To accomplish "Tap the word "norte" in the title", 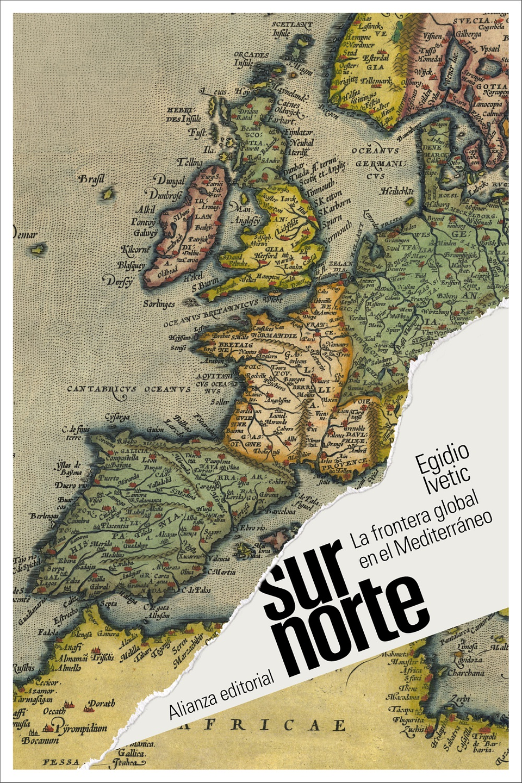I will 356,625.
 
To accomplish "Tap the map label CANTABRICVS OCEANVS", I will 129,389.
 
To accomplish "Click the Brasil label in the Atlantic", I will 91,179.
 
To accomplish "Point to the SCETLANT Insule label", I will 290,28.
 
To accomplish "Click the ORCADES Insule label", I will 251,59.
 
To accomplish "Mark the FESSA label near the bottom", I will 61,762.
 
